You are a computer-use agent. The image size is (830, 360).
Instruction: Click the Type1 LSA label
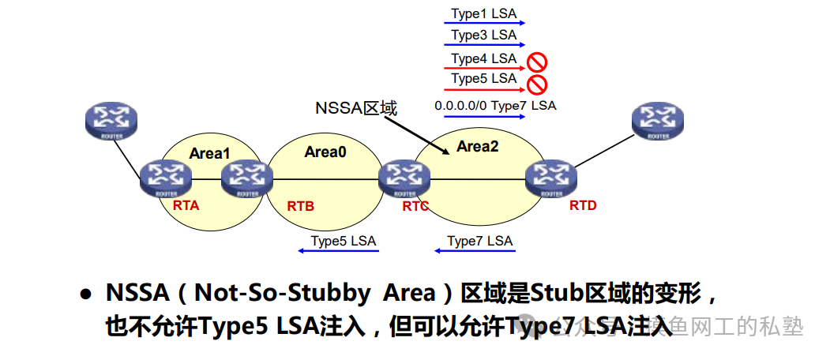coord(483,14)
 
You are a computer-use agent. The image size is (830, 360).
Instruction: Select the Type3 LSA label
coord(483,36)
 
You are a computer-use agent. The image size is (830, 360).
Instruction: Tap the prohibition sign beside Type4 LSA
coord(538,61)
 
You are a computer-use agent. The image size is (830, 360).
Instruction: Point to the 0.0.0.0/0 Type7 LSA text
coord(495,104)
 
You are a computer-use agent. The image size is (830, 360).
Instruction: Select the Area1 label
coord(209,153)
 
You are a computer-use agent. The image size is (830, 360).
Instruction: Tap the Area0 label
coord(325,152)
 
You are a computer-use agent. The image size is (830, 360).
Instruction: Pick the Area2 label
coord(478,146)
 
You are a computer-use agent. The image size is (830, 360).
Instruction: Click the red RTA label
coord(186,205)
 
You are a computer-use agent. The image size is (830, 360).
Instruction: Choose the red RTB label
coord(300,206)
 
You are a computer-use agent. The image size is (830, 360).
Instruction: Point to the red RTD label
coord(583,205)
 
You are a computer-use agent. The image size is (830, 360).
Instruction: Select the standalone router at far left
coord(111,121)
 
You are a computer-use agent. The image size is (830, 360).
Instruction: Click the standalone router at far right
coord(658,121)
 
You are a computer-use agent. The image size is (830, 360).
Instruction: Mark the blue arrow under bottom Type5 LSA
coord(338,252)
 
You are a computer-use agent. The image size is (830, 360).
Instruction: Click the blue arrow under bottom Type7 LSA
coord(475,252)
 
